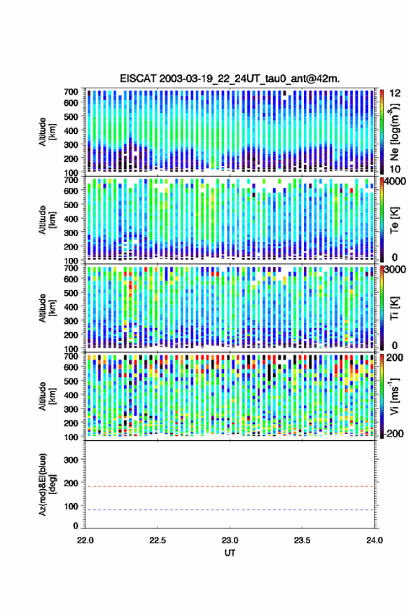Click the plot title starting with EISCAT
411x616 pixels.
click(x=230, y=78)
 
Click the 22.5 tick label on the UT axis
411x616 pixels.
click(x=158, y=540)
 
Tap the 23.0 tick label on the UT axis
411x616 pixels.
click(x=230, y=540)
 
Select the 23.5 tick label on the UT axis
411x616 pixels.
click(x=302, y=540)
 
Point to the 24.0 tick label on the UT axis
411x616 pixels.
click(x=374, y=540)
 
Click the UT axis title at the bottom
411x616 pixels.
click(x=230, y=553)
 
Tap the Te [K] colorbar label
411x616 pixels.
click(x=394, y=220)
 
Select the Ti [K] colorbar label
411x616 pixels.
click(x=394, y=308)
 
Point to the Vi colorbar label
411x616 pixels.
click(x=394, y=396)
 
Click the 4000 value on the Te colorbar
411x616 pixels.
click(x=396, y=182)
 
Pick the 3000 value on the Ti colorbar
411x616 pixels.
click(x=396, y=270)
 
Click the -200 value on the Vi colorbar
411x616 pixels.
click(x=393, y=434)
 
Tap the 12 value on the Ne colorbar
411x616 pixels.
click(x=395, y=93)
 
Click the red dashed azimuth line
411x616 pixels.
click(x=230, y=487)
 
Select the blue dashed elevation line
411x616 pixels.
click(x=230, y=510)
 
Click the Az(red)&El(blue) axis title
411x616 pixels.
click(x=47, y=484)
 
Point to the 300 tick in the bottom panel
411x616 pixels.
click(x=71, y=460)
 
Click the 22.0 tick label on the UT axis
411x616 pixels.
click(x=85, y=540)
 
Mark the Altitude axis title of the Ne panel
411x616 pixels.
click(x=47, y=132)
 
